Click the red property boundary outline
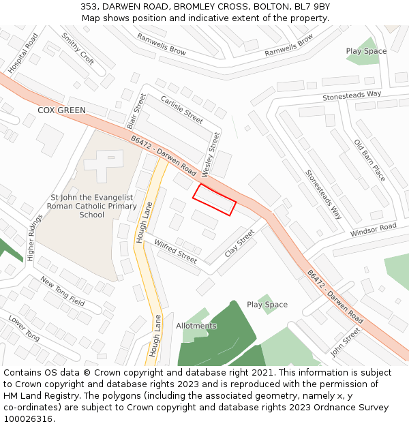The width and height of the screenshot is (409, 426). point(214,200)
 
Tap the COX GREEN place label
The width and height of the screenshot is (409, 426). point(61,110)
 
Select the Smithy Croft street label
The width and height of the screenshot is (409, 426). point(77,48)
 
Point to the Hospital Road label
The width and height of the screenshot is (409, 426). point(22,54)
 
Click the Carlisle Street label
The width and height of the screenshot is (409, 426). point(181,109)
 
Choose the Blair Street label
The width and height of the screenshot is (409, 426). point(136,112)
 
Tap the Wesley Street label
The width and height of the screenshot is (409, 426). point(215,153)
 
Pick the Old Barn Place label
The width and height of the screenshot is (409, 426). point(369,160)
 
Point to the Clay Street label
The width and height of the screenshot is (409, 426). point(239,243)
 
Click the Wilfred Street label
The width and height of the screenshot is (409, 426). point(175,252)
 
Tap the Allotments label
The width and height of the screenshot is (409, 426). point(196,326)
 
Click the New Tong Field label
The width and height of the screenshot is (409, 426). point(62,291)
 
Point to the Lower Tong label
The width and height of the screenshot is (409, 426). point(24,328)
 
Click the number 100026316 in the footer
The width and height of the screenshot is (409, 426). point(28,419)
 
